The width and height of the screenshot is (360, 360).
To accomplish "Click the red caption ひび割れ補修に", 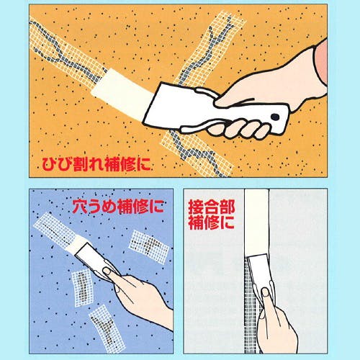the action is click(96, 164).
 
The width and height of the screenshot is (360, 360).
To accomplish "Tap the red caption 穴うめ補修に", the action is click(118, 207).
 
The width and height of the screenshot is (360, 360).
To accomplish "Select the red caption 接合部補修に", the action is click(212, 215).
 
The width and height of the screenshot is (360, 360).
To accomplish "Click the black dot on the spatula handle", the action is click(275, 117).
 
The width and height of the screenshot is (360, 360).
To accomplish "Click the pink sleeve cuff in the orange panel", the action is click(321, 63).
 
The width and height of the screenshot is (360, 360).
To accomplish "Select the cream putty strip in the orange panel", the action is click(123, 94).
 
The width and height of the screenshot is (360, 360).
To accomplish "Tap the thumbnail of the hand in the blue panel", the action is click(106, 271).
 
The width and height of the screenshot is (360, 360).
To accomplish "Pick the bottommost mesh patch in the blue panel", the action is click(107, 328).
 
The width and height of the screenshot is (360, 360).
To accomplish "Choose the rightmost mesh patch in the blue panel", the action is click(149, 247).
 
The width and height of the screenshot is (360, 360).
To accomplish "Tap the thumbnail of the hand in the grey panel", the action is click(265, 292).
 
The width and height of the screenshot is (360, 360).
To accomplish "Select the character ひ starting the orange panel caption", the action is click(50, 164).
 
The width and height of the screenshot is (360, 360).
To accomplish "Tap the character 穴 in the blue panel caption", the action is click(80, 207).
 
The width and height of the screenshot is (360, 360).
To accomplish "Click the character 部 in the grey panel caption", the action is click(228, 207).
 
